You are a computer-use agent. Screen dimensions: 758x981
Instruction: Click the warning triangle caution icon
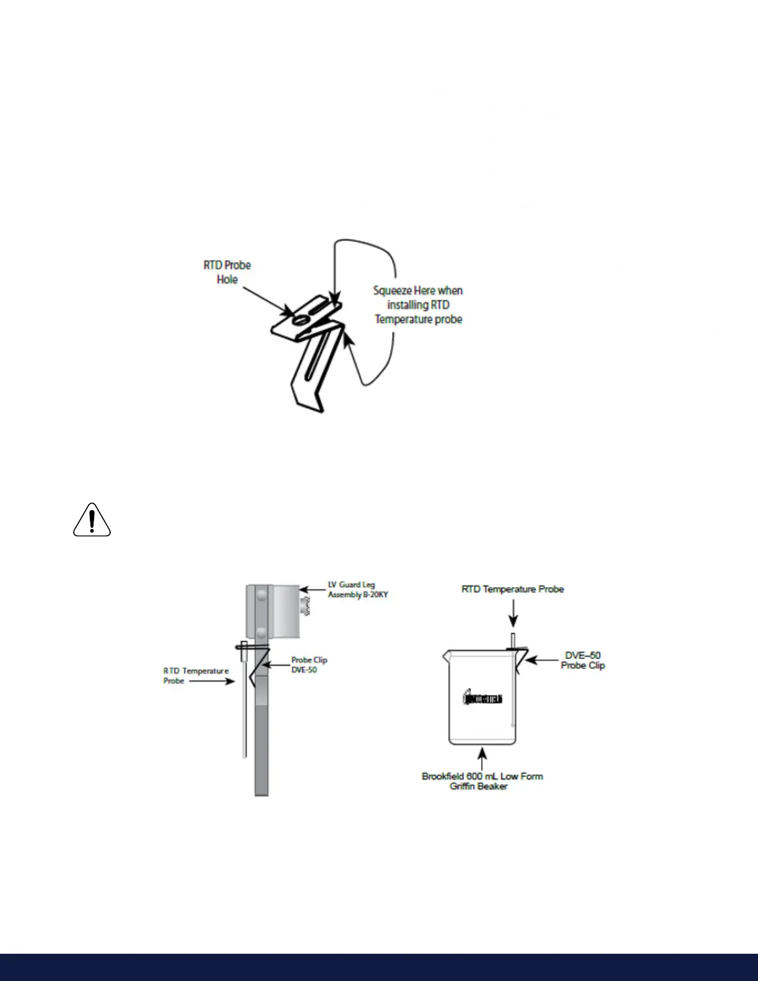pyautogui.click(x=92, y=520)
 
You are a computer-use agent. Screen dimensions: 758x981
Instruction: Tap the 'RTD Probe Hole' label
pyautogui.click(x=227, y=272)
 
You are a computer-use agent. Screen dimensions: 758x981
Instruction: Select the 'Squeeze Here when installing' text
pyautogui.click(x=418, y=305)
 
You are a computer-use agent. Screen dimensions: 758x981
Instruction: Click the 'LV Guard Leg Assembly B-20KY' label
pyautogui.click(x=357, y=590)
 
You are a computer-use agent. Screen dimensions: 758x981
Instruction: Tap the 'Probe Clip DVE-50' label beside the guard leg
pyautogui.click(x=309, y=665)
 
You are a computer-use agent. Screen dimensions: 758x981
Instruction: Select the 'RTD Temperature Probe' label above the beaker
pyautogui.click(x=512, y=589)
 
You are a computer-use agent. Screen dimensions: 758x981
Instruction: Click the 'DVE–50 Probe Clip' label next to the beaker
pyautogui.click(x=583, y=660)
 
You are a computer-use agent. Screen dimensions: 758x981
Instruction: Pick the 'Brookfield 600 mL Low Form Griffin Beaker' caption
pyautogui.click(x=482, y=781)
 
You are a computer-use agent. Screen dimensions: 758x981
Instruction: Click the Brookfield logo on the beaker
pyautogui.click(x=483, y=698)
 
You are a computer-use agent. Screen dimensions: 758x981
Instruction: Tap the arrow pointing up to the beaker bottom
pyautogui.click(x=482, y=757)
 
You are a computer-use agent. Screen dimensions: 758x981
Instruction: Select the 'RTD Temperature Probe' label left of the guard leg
pyautogui.click(x=195, y=676)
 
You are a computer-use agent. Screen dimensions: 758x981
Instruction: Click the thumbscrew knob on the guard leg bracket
pyautogui.click(x=305, y=606)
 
